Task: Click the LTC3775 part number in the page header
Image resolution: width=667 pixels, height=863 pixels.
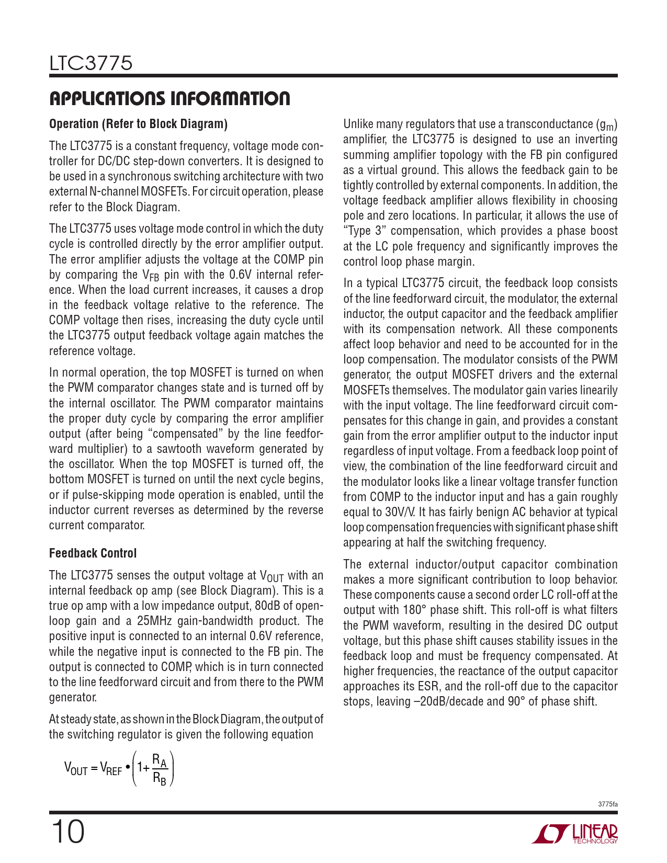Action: tap(91, 64)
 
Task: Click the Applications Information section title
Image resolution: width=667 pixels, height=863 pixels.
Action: tap(169, 98)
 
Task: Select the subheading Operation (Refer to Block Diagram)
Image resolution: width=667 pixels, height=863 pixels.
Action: tap(138, 124)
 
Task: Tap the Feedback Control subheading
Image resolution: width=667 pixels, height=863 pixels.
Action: tap(93, 553)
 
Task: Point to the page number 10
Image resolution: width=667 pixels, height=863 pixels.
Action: tap(67, 832)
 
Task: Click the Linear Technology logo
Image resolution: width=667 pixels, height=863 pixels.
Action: tap(575, 834)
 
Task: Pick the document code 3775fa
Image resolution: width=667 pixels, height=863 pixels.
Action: tap(607, 804)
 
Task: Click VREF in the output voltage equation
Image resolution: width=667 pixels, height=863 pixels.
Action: tap(111, 768)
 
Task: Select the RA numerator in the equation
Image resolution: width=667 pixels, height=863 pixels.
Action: tap(159, 760)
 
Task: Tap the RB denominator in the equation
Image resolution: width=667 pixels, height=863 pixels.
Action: tap(159, 779)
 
